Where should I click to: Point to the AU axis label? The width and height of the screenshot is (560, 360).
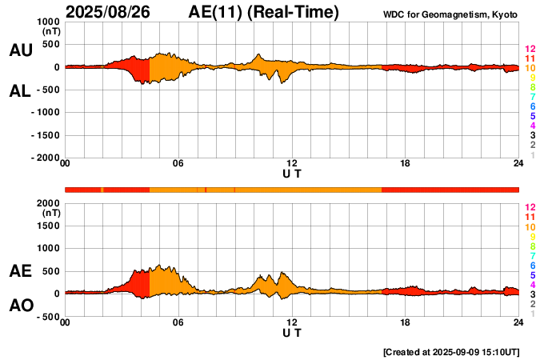coord(20,50)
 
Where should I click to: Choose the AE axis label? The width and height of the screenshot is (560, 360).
coord(20,272)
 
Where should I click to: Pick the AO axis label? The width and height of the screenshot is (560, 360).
coord(20,306)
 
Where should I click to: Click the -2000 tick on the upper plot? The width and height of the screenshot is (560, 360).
coord(46,158)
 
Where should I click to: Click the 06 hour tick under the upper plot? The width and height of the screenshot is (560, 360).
coord(178,164)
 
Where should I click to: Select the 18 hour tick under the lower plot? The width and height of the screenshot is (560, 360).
coord(405,322)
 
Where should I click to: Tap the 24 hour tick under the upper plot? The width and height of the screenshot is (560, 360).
coord(518,164)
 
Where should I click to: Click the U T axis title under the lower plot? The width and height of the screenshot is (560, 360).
coord(292,332)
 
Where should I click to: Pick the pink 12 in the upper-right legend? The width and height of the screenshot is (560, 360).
coord(529,50)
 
